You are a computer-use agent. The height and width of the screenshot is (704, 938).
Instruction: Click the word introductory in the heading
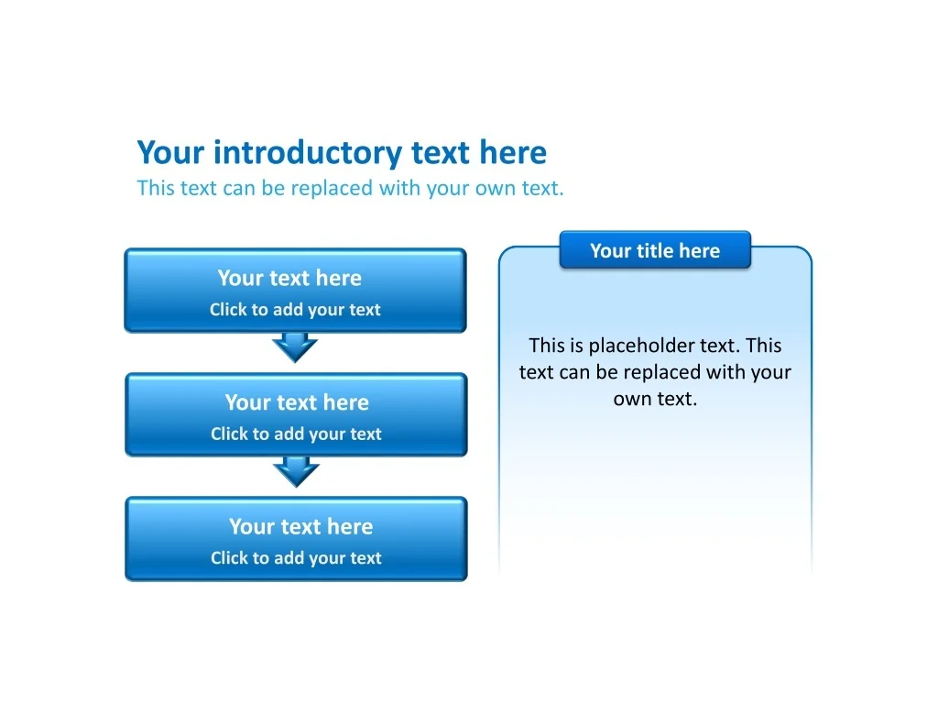pos(308,153)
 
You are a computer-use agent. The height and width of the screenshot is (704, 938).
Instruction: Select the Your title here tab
pos(655,250)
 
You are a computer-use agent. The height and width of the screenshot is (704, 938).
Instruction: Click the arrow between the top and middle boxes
pos(295,347)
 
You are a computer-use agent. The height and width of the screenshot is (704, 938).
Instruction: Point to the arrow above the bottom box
pos(296,472)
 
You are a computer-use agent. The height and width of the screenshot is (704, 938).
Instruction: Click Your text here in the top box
pos(289,278)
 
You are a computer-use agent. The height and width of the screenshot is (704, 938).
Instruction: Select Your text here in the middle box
pos(297,402)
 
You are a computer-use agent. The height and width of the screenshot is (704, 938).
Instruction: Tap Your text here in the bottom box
pos(300,526)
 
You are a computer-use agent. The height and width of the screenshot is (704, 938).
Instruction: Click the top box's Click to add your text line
pos(295,310)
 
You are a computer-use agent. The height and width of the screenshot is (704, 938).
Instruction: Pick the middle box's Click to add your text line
pos(296,434)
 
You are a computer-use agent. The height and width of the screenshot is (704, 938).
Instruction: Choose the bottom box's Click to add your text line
pos(296,557)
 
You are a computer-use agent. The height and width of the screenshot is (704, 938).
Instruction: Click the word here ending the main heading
pos(513,153)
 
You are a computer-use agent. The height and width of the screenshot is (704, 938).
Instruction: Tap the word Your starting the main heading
pos(171,153)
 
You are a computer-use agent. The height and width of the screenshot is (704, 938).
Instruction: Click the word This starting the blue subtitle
pos(156,188)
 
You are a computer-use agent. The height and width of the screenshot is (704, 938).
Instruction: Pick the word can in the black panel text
pos(573,372)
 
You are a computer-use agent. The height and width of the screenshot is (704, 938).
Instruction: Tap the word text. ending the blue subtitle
pos(542,189)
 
